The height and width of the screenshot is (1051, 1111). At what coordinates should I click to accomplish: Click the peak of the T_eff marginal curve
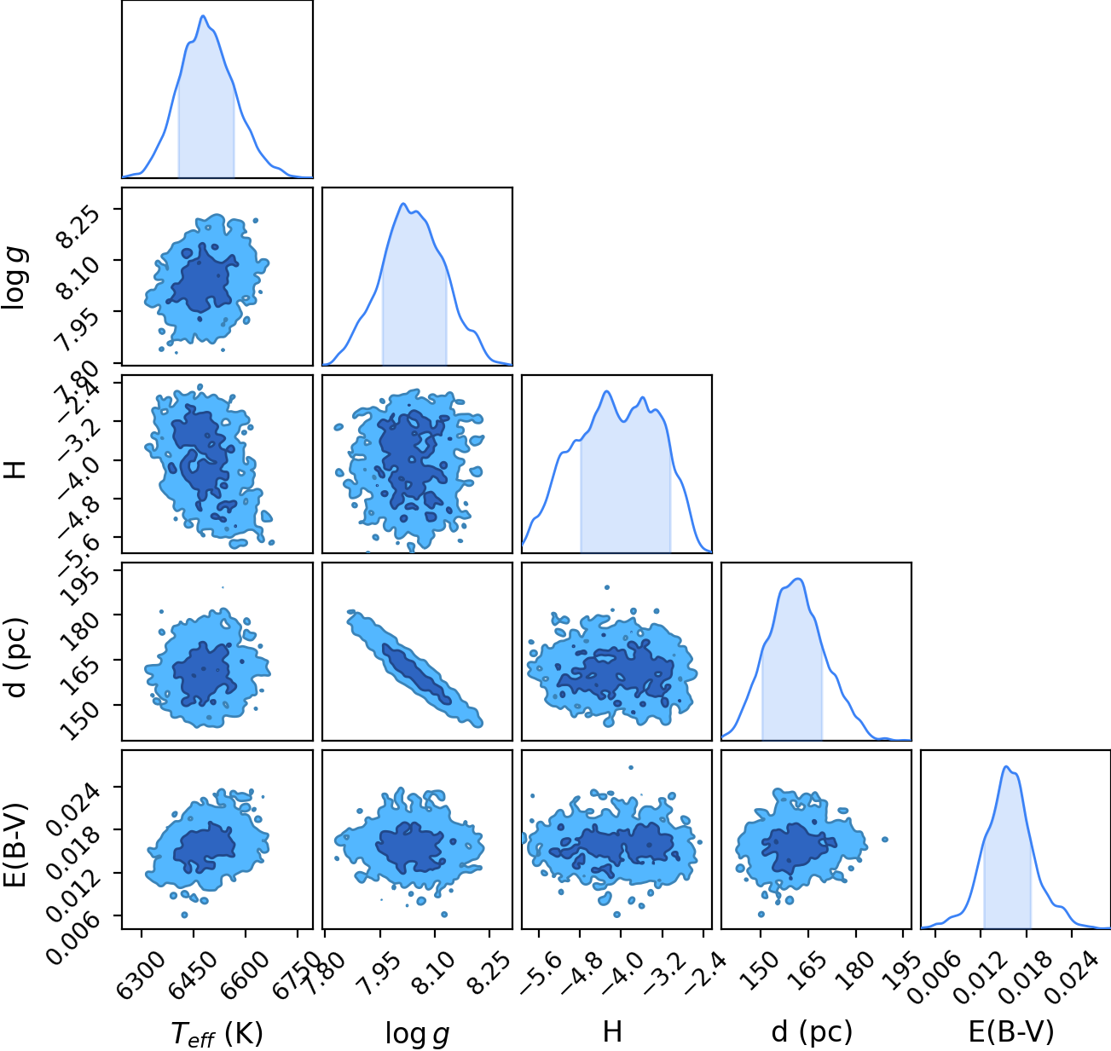[204, 16]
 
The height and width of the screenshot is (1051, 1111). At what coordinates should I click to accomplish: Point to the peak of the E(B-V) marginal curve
[1006, 767]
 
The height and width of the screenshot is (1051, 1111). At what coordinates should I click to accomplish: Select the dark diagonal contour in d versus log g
[417, 674]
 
